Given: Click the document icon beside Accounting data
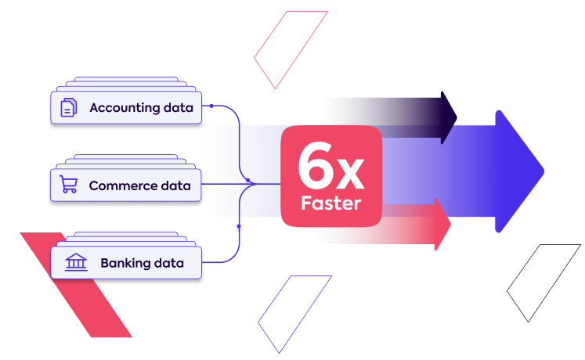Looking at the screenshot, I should [x=69, y=107].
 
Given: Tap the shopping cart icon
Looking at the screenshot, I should [x=69, y=185].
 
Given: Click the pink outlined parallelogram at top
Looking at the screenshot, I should [x=291, y=49].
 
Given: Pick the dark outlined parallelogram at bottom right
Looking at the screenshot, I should [x=543, y=283].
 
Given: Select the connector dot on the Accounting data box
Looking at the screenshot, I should [x=211, y=106].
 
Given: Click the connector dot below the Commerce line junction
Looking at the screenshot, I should [x=238, y=226].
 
